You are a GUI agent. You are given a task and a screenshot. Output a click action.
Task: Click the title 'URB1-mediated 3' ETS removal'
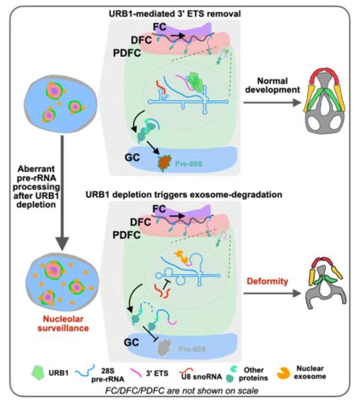pyautogui.click(x=175, y=14)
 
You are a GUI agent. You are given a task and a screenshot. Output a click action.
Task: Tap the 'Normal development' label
pyautogui.click(x=273, y=85)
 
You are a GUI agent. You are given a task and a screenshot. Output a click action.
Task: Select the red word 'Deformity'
pyautogui.click(x=267, y=281)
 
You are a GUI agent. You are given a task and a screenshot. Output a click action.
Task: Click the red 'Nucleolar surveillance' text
pyautogui.click(x=64, y=324)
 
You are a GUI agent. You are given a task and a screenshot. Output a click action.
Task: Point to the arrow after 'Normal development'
pyautogui.click(x=273, y=103)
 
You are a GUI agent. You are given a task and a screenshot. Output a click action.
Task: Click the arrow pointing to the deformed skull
pyautogui.click(x=273, y=293)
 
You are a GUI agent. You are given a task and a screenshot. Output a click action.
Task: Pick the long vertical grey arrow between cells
pyautogui.click(x=62, y=193)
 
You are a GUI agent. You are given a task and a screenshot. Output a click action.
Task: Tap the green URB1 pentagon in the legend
pyautogui.click(x=38, y=373)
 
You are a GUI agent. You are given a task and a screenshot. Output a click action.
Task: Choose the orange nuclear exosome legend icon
pyautogui.click(x=283, y=373)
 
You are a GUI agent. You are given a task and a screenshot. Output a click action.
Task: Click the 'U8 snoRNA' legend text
pyautogui.click(x=201, y=377)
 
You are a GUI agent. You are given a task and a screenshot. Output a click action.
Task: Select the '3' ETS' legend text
pyautogui.click(x=157, y=373)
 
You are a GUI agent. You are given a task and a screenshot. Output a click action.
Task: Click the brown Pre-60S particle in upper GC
pyautogui.click(x=164, y=162)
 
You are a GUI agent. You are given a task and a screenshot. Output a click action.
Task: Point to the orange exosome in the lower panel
pyautogui.click(x=183, y=257)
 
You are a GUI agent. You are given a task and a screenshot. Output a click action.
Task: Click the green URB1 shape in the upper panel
pyautogui.click(x=197, y=82)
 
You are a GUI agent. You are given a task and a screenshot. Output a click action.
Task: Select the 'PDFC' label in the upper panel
pyautogui.click(x=127, y=53)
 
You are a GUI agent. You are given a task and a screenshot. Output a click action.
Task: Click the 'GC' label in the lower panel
pyautogui.click(x=132, y=342)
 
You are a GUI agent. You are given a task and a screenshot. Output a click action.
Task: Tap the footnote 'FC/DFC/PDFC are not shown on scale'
pyautogui.click(x=181, y=390)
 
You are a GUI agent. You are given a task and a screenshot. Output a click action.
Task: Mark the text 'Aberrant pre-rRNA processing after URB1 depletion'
pyautogui.click(x=36, y=187)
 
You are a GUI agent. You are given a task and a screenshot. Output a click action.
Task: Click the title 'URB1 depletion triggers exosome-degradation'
pyautogui.click(x=183, y=195)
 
